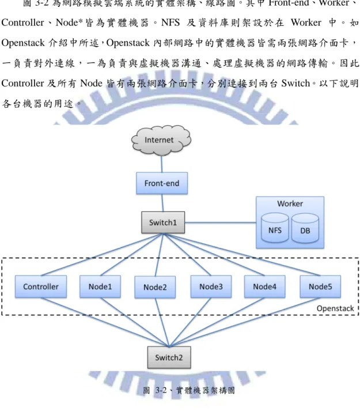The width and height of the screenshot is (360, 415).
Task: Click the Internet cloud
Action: (x=161, y=141)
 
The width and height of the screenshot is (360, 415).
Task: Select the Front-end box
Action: (x=162, y=183)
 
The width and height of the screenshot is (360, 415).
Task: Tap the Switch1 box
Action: (x=163, y=222)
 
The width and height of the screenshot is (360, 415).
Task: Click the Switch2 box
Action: (x=169, y=357)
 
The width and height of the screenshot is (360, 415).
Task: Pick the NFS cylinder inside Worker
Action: (x=275, y=228)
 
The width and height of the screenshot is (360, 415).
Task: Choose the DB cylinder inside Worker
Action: (x=305, y=228)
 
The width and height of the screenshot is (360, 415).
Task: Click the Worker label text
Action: (x=290, y=203)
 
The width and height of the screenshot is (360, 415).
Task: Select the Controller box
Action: (x=41, y=286)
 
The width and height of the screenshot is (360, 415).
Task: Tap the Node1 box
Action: (x=100, y=286)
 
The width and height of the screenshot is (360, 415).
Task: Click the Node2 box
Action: (x=155, y=288)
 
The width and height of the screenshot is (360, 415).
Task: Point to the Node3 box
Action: (x=211, y=286)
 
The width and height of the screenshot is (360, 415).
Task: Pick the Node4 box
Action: (x=265, y=286)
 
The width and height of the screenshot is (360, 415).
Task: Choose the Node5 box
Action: (x=320, y=286)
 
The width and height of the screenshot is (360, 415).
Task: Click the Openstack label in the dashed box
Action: (x=335, y=308)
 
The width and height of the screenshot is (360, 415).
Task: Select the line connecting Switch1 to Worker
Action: (x=221, y=222)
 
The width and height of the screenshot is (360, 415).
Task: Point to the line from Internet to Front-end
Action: (x=162, y=164)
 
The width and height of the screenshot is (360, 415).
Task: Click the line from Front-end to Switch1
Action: (x=162, y=203)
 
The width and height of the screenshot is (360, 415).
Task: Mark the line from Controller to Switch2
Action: (x=105, y=322)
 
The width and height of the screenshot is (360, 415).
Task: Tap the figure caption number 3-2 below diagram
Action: (x=161, y=390)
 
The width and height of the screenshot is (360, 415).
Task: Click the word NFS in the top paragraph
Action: (x=170, y=22)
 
